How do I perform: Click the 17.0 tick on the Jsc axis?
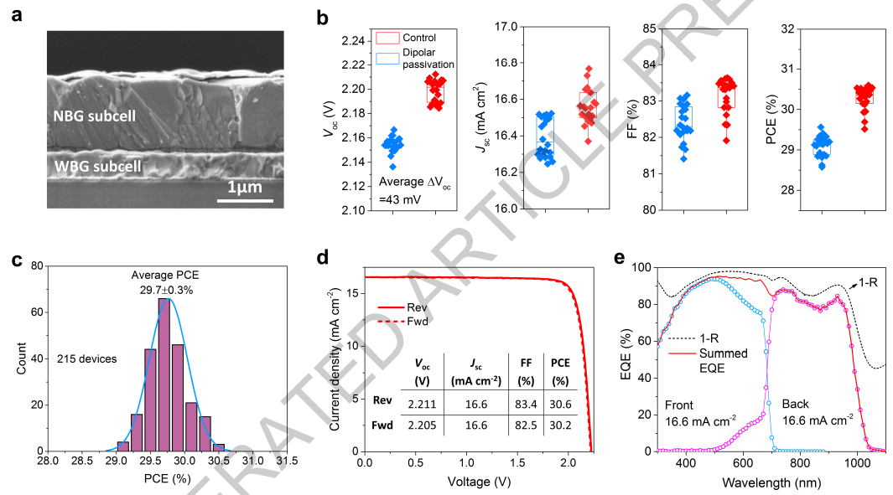500,27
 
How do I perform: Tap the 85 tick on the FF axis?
647,28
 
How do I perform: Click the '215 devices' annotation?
86,358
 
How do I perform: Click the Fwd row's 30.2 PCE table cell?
558,425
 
